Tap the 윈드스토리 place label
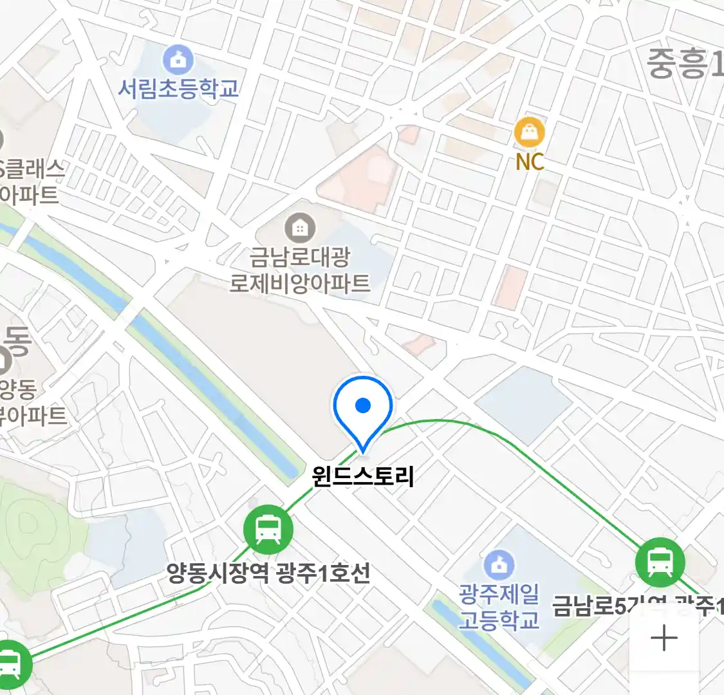363,476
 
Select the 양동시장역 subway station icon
268,530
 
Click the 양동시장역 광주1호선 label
268,572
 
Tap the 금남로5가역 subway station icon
660,562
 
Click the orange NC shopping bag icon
530,133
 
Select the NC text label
530,162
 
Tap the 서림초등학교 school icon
179,60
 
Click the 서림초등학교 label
178,88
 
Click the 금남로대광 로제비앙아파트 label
300,270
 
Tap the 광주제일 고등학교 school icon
499,564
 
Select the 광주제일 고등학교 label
499,607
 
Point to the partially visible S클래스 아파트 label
30,181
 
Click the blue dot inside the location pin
363,405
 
